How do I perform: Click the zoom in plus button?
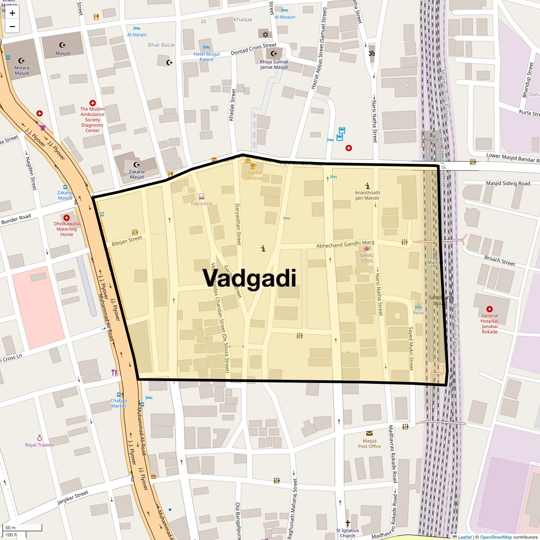click(12, 13)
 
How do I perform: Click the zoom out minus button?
click(12, 27)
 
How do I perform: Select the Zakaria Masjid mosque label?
click(137, 174)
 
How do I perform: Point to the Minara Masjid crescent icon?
click(21, 61)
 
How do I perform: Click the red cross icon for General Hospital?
click(490, 309)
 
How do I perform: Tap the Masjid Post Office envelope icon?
click(369, 433)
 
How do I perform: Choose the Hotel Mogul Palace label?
click(207, 57)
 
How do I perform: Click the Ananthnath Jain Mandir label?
click(367, 195)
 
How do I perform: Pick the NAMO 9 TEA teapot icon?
click(367, 249)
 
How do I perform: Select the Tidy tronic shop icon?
click(201, 196)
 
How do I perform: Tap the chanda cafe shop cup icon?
click(247, 165)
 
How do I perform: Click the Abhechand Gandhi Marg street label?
click(345, 244)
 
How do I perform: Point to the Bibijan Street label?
click(127, 241)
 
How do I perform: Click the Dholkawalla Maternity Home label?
click(67, 229)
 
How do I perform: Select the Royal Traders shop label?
click(39, 445)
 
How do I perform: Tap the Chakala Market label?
click(119, 403)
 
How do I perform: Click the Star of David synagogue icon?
click(265, 34)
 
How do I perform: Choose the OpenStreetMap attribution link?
click(495, 537)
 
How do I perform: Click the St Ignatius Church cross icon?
click(347, 523)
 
